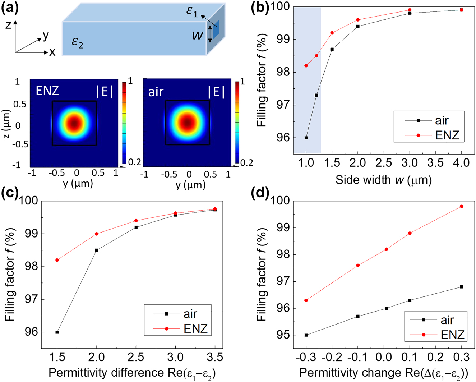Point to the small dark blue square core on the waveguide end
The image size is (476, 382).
click(x=216, y=29)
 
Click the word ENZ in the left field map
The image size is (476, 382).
click(x=47, y=91)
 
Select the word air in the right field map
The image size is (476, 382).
click(x=156, y=92)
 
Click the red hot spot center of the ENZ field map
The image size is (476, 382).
click(x=74, y=123)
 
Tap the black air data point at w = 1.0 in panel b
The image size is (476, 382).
click(x=306, y=138)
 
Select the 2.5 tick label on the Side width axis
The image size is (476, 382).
click(x=384, y=163)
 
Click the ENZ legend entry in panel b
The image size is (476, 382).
click(x=447, y=135)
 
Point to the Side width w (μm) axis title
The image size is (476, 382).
click(x=383, y=180)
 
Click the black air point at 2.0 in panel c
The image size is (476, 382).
click(x=97, y=250)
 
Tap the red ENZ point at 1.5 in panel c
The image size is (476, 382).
click(x=57, y=260)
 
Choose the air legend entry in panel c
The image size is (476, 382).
click(x=190, y=314)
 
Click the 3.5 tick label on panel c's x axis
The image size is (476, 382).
click(x=215, y=357)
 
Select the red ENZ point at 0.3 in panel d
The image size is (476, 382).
click(x=462, y=206)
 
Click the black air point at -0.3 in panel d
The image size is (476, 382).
click(x=306, y=335)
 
